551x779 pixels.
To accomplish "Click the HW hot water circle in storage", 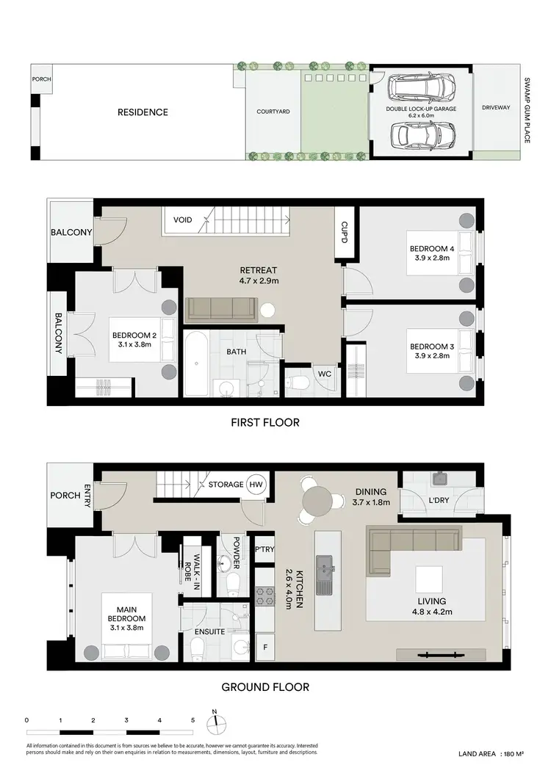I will [x=255, y=485].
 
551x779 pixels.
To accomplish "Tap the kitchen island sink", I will [x=323, y=568].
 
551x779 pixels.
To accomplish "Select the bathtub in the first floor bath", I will [x=196, y=363].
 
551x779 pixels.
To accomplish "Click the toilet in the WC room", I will [x=297, y=382].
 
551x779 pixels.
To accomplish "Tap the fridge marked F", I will [x=264, y=648].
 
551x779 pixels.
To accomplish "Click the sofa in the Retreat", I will [x=220, y=310].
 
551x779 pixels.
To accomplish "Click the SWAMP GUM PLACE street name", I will [x=527, y=111].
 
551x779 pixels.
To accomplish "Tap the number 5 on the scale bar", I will [x=192, y=720].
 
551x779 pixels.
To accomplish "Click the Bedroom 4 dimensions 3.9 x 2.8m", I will [x=432, y=258].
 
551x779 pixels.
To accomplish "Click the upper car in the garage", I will [x=422, y=89].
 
